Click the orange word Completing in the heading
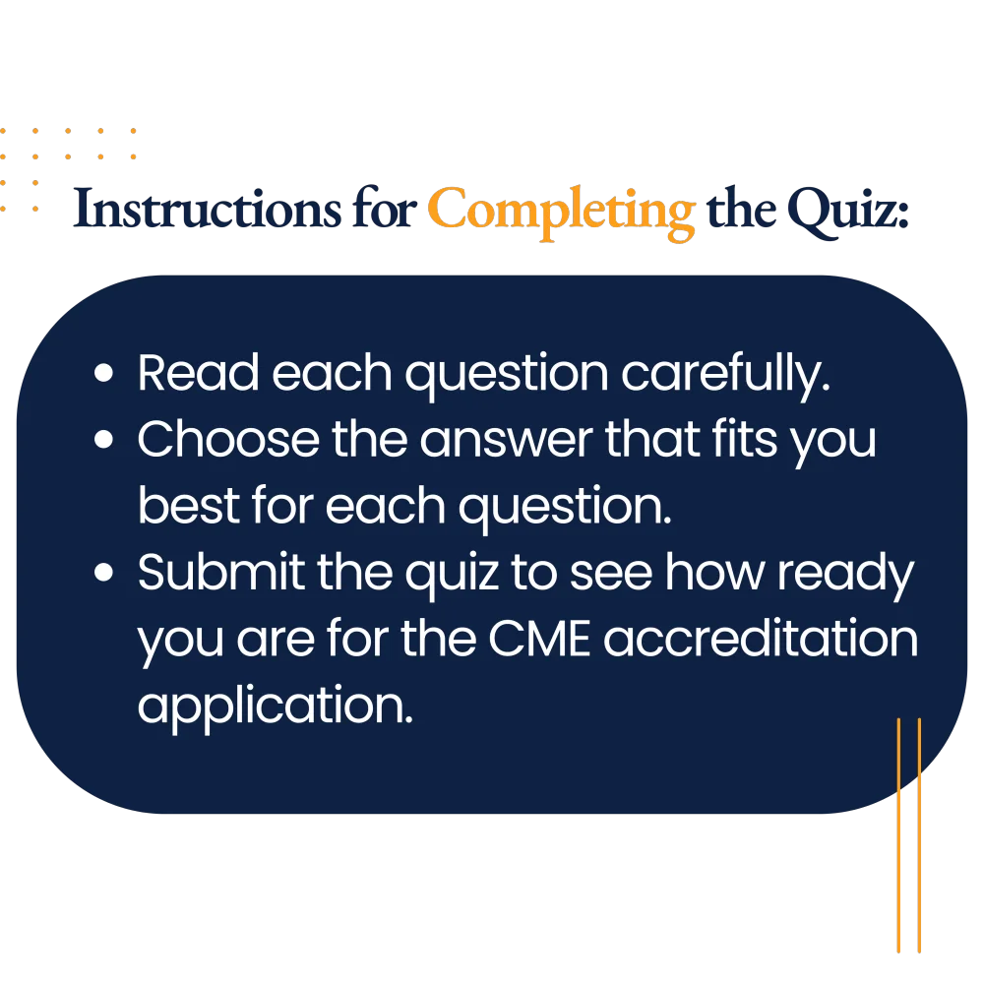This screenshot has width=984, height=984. (x=562, y=213)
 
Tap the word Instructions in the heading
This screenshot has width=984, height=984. (x=207, y=208)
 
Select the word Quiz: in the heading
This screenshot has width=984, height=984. (x=848, y=212)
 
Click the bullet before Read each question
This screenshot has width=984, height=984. (x=103, y=373)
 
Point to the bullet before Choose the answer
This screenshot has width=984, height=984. (x=103, y=439)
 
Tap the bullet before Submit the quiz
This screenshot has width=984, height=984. (x=103, y=573)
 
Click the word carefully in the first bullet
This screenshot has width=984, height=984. (x=725, y=375)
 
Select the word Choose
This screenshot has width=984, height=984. (x=228, y=439)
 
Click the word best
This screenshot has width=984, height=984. (x=189, y=505)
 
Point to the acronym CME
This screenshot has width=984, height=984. (x=539, y=640)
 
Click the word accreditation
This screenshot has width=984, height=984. (x=761, y=639)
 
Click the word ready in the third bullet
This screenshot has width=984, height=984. (x=845, y=575)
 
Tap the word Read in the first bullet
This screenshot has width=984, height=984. (x=199, y=372)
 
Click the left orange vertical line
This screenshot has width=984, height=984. (x=898, y=835)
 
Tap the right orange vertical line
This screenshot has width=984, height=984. (x=919, y=835)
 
